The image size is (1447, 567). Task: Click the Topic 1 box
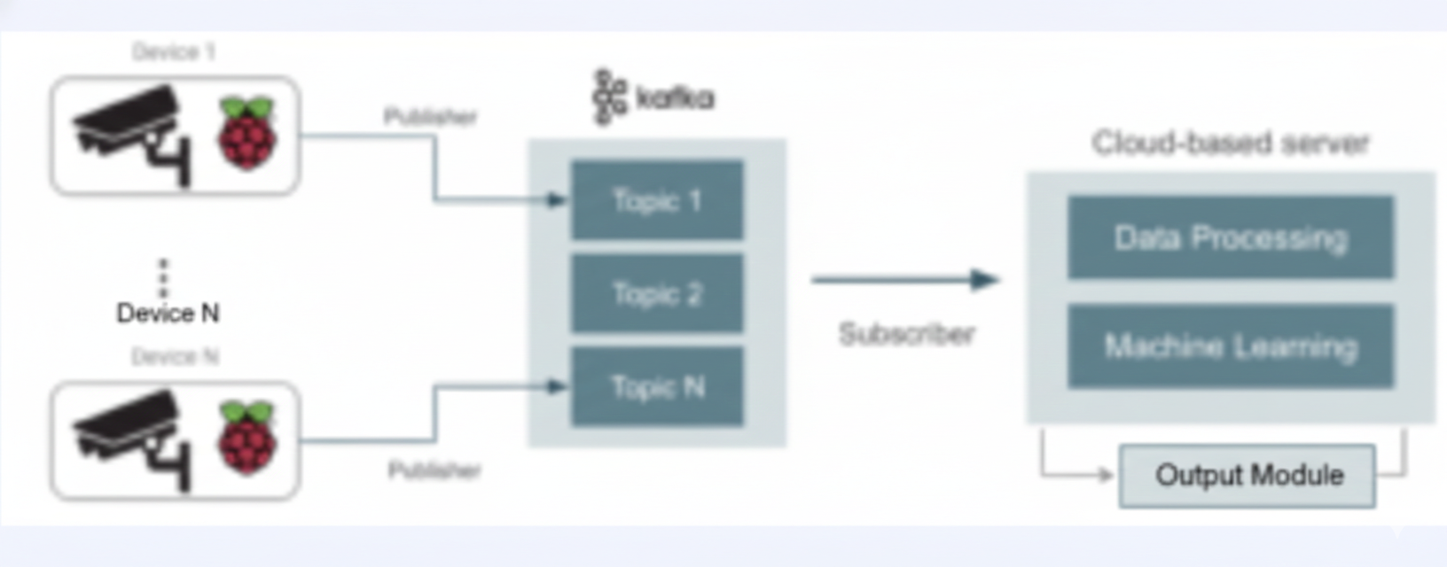click(x=657, y=200)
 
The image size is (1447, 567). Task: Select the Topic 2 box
click(x=657, y=293)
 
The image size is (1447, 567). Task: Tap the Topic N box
click(x=657, y=386)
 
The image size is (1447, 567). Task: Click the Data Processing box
click(x=1231, y=237)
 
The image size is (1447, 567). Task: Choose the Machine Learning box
click(x=1231, y=346)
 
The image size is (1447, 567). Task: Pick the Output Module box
click(x=1248, y=476)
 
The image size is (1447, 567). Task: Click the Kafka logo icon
click(x=609, y=97)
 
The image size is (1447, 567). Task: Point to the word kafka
click(x=676, y=97)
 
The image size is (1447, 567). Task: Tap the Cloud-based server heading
click(x=1231, y=143)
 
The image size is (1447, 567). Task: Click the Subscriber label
click(x=906, y=334)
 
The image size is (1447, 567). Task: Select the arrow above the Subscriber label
click(x=904, y=280)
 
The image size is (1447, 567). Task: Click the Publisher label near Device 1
click(x=430, y=116)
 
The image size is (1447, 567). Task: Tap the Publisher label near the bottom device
click(x=434, y=470)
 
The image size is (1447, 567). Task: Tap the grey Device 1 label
click(x=174, y=51)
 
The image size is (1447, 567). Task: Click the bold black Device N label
click(x=168, y=313)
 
